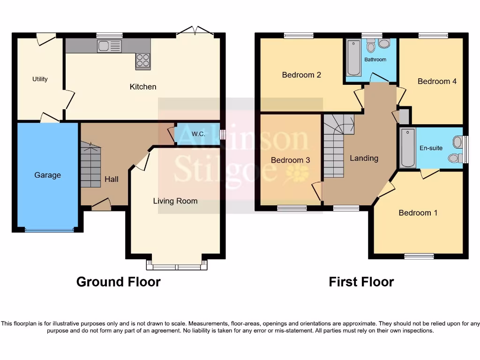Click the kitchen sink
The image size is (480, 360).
pyautogui.click(x=109, y=46)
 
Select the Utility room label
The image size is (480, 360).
pyautogui.click(x=40, y=79)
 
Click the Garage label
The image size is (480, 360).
pyautogui.click(x=47, y=175)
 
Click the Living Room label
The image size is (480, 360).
pyautogui.click(x=175, y=201)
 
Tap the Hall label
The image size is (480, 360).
pyautogui.click(x=112, y=179)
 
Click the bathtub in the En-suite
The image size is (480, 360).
pyautogui.click(x=408, y=148)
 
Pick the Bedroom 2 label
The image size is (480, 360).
pyautogui.click(x=301, y=75)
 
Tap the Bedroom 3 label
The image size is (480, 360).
pyautogui.click(x=290, y=160)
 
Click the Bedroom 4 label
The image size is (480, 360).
pyautogui.click(x=437, y=82)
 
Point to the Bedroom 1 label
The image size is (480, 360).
pyautogui.click(x=418, y=213)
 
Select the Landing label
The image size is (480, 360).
pyautogui.click(x=364, y=158)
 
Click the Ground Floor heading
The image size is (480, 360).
pyautogui.click(x=118, y=282)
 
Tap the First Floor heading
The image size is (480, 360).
pyautogui.click(x=361, y=282)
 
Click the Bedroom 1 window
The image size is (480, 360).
pyautogui.click(x=419, y=256)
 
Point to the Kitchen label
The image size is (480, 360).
pyautogui.click(x=143, y=87)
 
